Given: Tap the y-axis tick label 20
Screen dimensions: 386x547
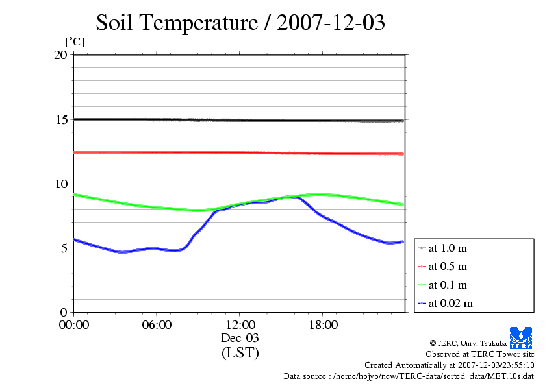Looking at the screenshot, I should tap(60, 55).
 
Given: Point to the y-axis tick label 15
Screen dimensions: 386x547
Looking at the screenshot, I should tap(60, 120).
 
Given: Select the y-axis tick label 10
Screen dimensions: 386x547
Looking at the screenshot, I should tap(60, 184).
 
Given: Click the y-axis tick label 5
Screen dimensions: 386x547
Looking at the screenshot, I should tap(63, 248).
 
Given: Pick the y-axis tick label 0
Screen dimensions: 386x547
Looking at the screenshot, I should tap(63, 312).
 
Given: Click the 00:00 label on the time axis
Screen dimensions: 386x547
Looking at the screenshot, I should tap(74, 325).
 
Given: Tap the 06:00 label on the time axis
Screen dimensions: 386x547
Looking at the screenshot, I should tap(157, 325).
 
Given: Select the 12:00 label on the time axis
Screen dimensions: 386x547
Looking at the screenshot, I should tap(240, 325).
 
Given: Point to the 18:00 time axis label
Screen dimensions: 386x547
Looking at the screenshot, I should tap(323, 325).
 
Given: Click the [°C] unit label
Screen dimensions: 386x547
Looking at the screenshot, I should tap(74, 42).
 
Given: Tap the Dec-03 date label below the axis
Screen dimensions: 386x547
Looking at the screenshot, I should tap(240, 338).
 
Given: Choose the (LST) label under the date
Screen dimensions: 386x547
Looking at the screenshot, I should tap(240, 353).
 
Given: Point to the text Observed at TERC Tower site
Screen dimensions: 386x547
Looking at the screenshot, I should tap(480, 354).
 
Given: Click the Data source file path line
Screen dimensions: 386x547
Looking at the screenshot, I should tap(409, 376).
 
